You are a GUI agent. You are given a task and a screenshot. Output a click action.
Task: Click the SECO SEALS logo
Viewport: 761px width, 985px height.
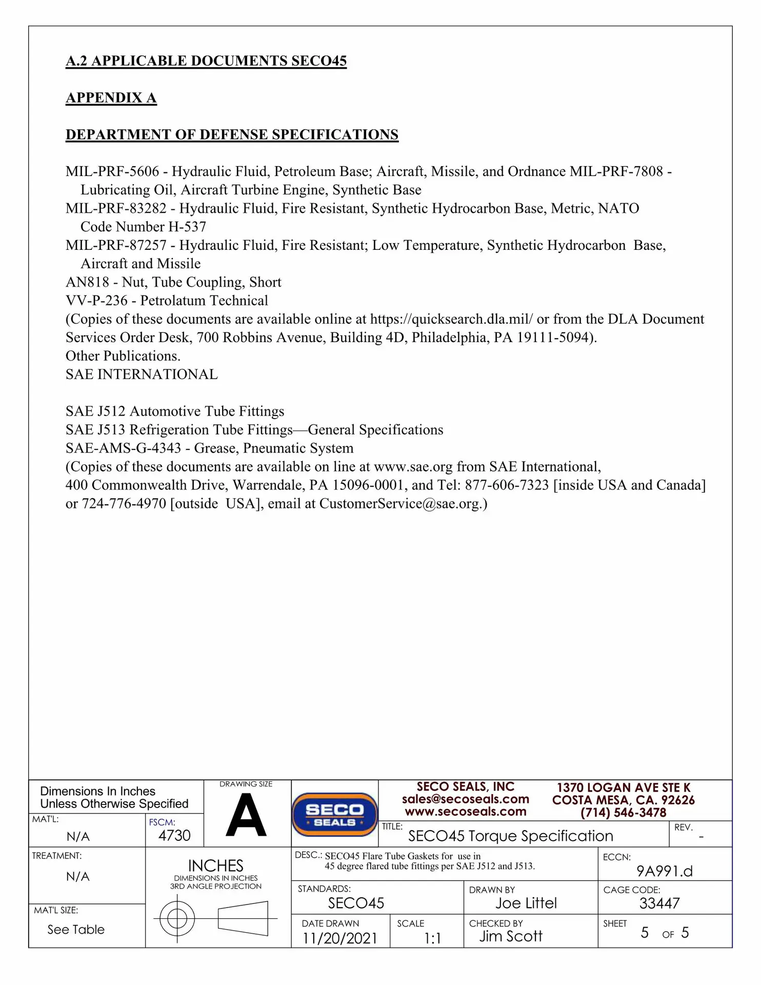coord(334,815)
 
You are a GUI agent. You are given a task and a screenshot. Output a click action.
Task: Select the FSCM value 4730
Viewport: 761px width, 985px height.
coord(174,836)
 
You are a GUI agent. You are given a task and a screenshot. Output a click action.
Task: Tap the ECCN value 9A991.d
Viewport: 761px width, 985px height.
coord(664,871)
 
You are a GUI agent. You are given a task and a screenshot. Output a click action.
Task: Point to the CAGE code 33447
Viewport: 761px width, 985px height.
coord(659,903)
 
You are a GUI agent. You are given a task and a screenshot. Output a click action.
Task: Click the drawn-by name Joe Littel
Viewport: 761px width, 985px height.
coord(526,903)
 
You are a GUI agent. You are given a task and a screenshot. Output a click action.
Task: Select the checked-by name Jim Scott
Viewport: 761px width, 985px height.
coord(511,936)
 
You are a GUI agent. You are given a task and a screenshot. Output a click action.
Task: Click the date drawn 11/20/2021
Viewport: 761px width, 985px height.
coord(339,938)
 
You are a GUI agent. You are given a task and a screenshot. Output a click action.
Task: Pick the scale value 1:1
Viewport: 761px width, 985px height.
coord(432,939)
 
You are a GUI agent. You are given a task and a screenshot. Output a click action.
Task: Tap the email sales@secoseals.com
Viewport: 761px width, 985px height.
coord(465,799)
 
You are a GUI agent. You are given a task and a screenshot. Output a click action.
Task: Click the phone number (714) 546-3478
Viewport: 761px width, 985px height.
coord(623,813)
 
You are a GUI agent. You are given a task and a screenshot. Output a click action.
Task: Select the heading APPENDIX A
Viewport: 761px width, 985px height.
coord(111,98)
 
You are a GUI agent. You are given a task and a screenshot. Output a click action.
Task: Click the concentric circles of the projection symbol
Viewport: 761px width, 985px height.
coord(177,918)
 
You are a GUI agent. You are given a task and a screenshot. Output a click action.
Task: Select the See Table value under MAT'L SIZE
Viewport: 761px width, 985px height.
coord(76,930)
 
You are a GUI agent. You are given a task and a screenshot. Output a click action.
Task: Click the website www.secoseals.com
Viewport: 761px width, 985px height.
coord(465,812)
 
